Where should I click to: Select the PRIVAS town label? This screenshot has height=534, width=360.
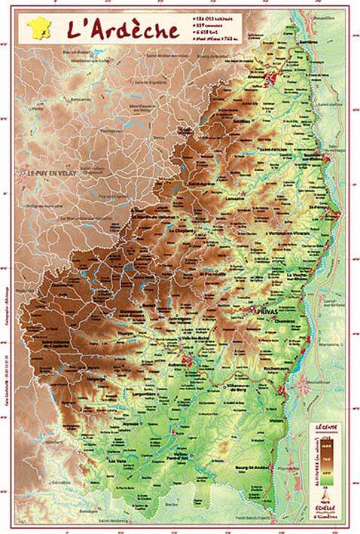coord(268,310)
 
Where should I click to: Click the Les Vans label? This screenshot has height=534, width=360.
coord(118,460)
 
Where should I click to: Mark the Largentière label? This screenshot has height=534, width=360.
coord(157,392)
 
